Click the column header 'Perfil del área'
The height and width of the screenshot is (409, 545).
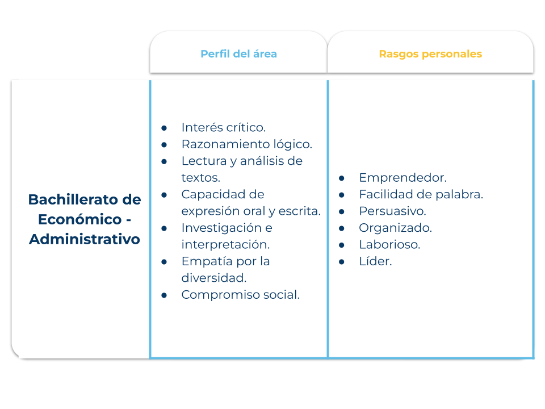(x=239, y=54)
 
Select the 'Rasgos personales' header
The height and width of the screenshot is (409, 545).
(x=430, y=54)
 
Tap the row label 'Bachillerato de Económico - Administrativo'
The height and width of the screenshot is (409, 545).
(x=85, y=219)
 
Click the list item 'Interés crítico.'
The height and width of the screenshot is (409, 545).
(x=224, y=127)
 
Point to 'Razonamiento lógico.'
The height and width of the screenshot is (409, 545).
(x=247, y=144)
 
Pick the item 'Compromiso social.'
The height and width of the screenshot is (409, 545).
(x=241, y=295)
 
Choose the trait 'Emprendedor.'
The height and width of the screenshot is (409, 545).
(x=403, y=178)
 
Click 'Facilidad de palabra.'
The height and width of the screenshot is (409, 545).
(x=421, y=194)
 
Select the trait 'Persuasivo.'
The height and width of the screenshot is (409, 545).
(x=392, y=211)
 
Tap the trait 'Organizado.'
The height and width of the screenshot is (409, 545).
(x=396, y=228)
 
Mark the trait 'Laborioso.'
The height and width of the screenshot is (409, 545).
(x=389, y=244)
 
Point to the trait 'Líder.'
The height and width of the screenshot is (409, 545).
(x=375, y=261)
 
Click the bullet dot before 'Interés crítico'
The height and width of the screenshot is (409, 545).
(x=164, y=128)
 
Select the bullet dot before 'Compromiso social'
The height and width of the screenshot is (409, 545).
(x=164, y=295)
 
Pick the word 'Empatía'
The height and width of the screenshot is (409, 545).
(x=207, y=261)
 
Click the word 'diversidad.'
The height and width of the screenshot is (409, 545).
(x=214, y=278)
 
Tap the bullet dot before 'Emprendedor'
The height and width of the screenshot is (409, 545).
(x=342, y=178)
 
